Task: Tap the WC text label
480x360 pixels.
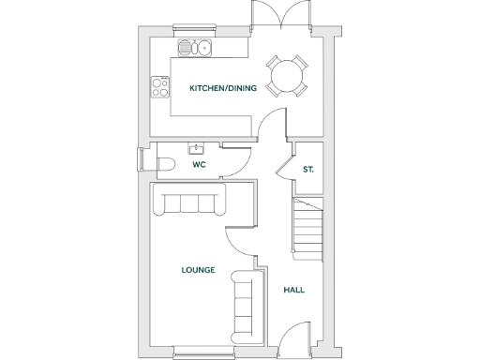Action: click(x=199, y=164)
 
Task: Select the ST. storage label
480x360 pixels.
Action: click(x=308, y=170)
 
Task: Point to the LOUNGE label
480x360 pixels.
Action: click(x=199, y=270)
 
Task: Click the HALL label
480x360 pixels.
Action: click(x=293, y=290)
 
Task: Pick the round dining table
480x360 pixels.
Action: click(x=286, y=75)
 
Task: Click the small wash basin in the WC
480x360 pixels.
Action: click(x=198, y=149)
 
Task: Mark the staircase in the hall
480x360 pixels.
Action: click(x=307, y=229)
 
